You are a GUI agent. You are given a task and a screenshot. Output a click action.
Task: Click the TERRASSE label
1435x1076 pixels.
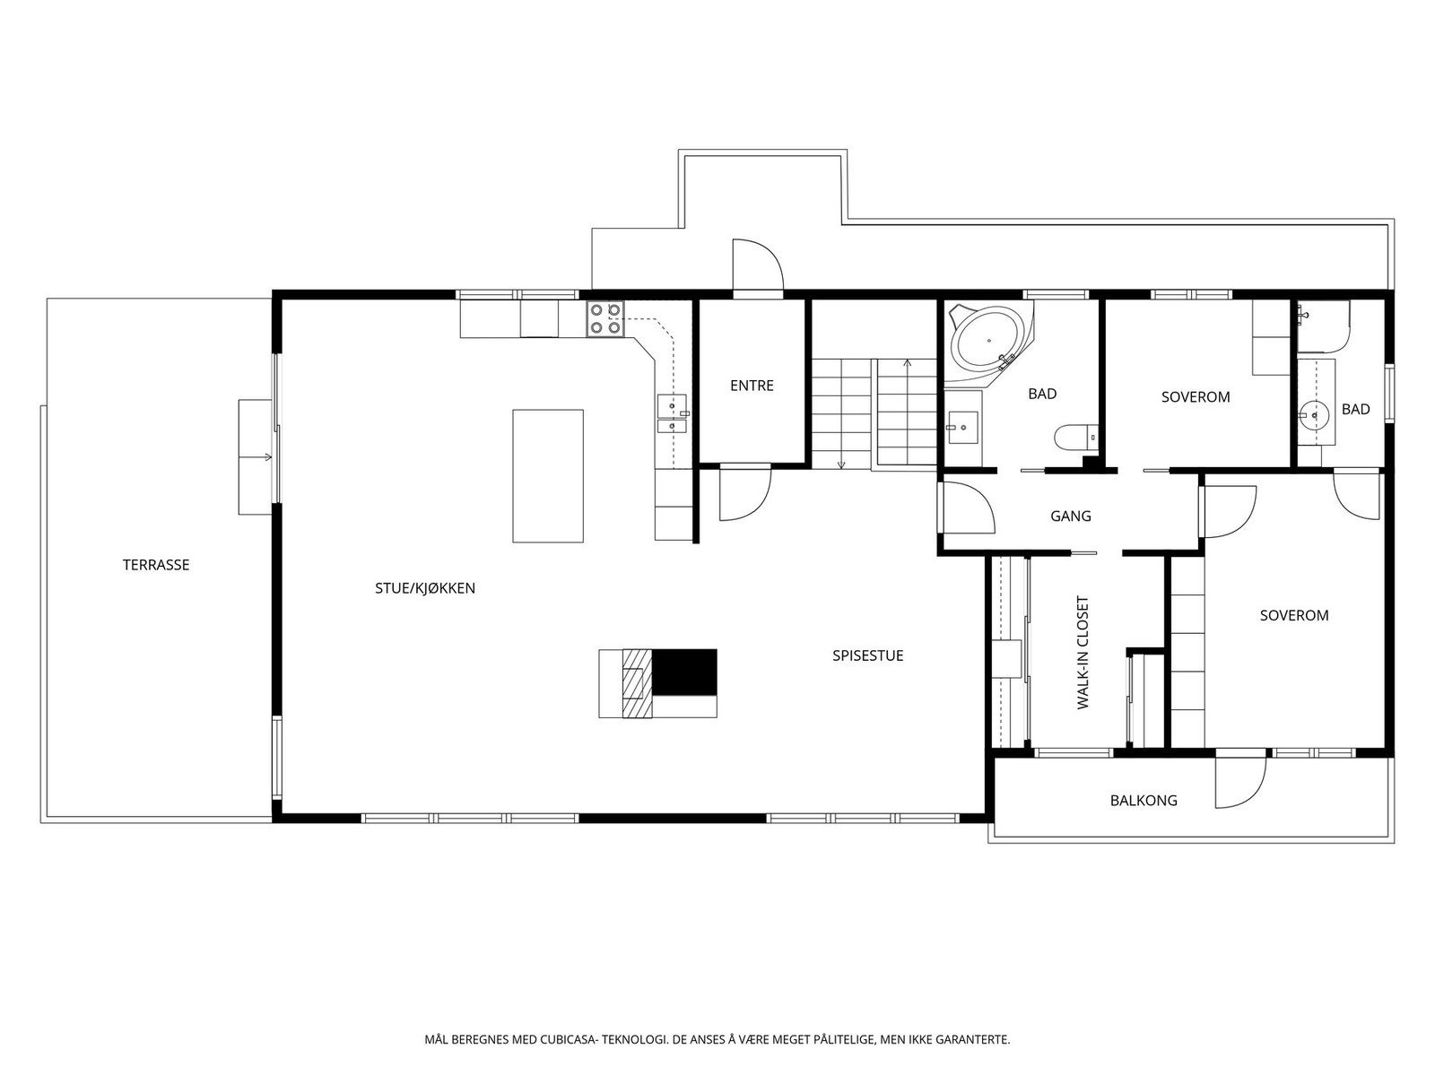pos(156,565)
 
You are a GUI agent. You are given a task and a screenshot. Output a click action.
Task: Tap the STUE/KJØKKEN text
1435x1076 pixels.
pos(424,588)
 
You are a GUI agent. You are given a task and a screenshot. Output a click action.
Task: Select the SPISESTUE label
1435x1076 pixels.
pos(867,655)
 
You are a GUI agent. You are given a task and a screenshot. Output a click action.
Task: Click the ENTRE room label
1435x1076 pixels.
pos(752,386)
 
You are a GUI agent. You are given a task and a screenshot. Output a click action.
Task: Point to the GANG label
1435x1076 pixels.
pos(1071,516)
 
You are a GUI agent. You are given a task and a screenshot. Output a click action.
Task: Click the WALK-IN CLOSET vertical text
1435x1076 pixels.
pos(1083,653)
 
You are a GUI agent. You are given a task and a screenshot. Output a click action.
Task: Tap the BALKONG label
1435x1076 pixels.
pos(1144,800)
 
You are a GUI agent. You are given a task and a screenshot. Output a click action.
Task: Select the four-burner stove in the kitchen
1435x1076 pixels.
pos(605,319)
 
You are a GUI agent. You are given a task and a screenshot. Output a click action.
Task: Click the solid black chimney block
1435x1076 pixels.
pos(684,672)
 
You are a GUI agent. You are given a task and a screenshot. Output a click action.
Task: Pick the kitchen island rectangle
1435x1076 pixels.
pos(548,476)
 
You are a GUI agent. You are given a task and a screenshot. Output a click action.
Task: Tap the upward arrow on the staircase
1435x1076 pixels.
pos(908,363)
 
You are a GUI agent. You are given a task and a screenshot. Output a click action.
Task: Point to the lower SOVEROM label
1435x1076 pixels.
pos(1293,615)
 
